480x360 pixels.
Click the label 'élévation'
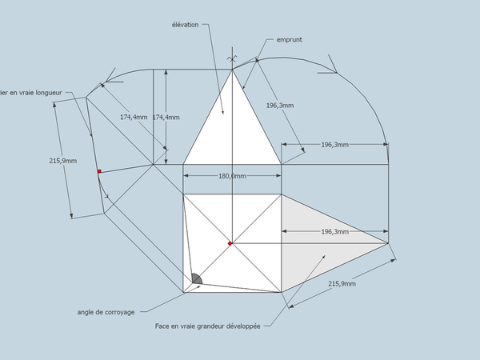(184, 25)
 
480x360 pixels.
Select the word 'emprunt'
(289, 39)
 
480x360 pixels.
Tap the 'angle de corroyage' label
(106, 312)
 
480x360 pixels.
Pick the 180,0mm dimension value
(232, 176)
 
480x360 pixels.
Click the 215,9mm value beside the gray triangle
(343, 284)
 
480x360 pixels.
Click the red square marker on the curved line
(99, 171)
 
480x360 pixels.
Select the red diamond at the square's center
(230, 243)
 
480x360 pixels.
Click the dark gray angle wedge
(194, 280)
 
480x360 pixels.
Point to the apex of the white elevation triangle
(232, 70)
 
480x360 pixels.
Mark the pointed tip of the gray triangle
(388, 242)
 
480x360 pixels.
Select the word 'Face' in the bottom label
(162, 326)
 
